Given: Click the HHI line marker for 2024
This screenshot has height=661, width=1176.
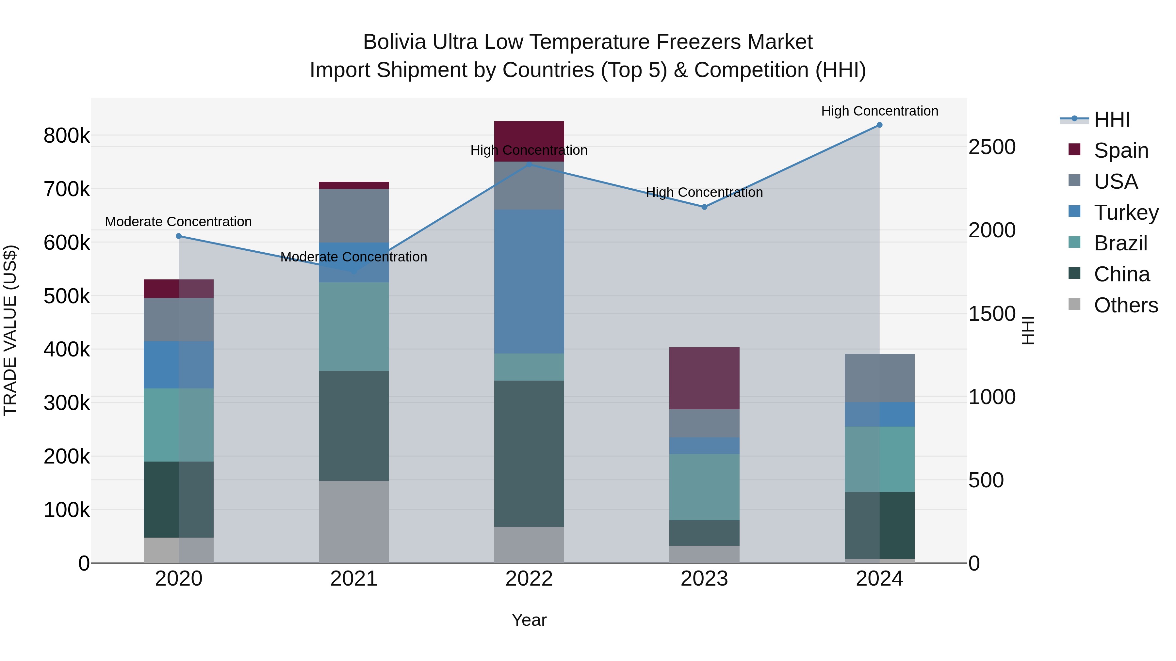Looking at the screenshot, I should click(x=879, y=125).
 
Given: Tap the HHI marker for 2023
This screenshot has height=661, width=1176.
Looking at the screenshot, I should click(x=704, y=207).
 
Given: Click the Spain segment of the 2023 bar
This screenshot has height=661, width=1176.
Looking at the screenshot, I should click(x=704, y=379).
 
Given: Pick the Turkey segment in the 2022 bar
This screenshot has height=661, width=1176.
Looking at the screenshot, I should click(x=529, y=281).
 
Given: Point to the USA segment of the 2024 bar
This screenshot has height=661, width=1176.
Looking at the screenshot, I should click(x=879, y=378).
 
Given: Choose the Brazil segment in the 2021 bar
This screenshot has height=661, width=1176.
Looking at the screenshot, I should click(x=354, y=327).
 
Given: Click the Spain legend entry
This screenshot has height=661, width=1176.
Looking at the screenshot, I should click(x=1121, y=150).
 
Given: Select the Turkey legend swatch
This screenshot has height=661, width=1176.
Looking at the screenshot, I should click(x=1075, y=212).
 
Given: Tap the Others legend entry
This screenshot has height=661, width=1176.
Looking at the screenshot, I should click(x=1125, y=305).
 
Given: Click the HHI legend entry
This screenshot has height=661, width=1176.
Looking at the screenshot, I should click(x=1112, y=119).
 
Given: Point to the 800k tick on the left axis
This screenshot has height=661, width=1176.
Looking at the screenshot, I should click(x=67, y=136).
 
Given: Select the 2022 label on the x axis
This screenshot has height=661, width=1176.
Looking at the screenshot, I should click(x=529, y=579).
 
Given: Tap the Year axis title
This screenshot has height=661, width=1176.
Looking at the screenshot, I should click(x=529, y=620).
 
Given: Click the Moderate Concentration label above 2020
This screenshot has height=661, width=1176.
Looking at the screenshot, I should click(x=178, y=222).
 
